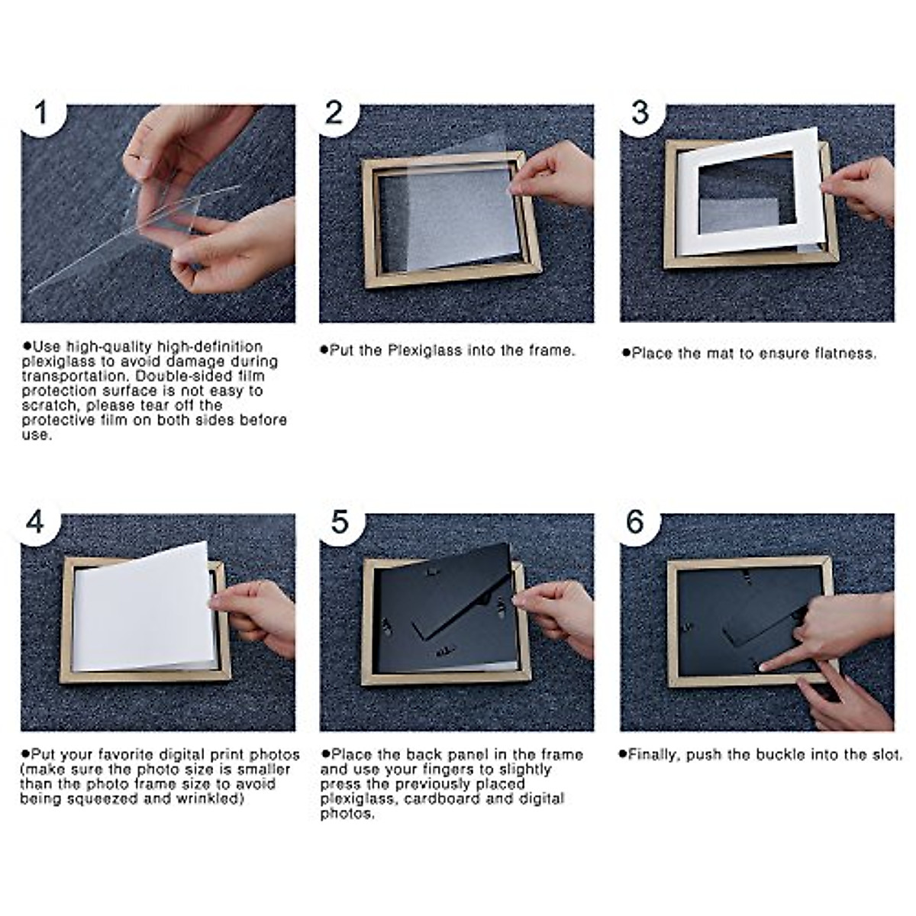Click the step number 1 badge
point(41,114)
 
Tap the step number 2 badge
point(334,114)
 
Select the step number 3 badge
point(640,114)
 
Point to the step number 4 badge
point(36,523)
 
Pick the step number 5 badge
point(339,523)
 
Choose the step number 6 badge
point(635,523)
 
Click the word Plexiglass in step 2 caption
point(424,350)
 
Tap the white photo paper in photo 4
point(141,611)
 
